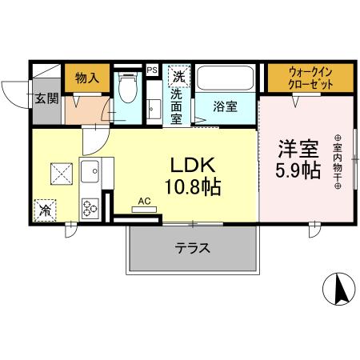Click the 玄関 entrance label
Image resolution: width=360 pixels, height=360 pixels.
tap(46, 98)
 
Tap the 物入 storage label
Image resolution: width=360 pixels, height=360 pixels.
tap(87, 78)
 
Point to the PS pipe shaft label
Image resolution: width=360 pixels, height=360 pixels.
tap(152, 70)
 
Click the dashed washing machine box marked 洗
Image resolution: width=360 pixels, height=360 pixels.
tap(179, 77)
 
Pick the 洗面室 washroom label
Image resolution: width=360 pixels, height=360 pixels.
tap(176, 106)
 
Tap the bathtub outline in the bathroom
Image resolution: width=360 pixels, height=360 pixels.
tap(226, 78)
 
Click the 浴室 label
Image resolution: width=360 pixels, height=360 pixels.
tap(225, 106)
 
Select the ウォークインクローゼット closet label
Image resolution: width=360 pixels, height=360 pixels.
tap(310, 78)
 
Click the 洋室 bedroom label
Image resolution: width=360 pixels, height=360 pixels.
tap(298, 149)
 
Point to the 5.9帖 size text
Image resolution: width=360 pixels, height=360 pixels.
tap(298, 171)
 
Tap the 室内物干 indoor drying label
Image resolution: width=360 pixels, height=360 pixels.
tap(338, 162)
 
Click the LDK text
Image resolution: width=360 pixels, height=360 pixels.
tap(193, 166)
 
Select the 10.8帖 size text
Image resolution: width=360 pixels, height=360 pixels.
tap(193, 187)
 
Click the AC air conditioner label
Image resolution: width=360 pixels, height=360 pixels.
tap(144, 201)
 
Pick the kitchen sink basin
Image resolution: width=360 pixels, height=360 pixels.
tap(90, 171)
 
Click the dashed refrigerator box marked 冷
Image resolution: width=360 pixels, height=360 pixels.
tap(45, 210)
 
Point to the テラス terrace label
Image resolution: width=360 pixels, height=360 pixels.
tap(192, 249)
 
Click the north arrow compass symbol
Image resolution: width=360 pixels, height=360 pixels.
tap(339, 289)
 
